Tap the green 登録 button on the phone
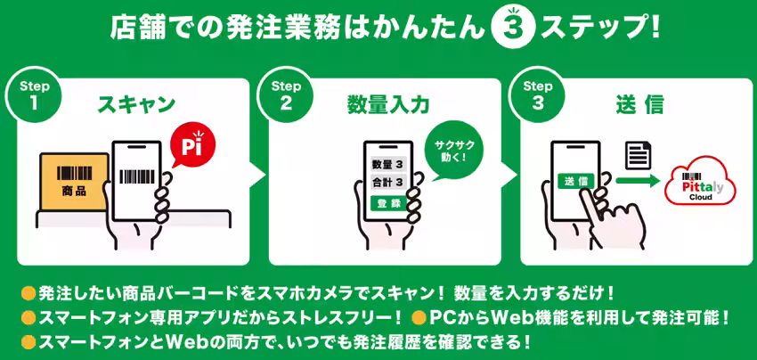point(387,203)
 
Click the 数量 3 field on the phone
point(387,165)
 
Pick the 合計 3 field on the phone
point(387,184)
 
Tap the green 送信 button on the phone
point(575,180)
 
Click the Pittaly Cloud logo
point(699,182)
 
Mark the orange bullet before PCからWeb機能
point(417,317)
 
